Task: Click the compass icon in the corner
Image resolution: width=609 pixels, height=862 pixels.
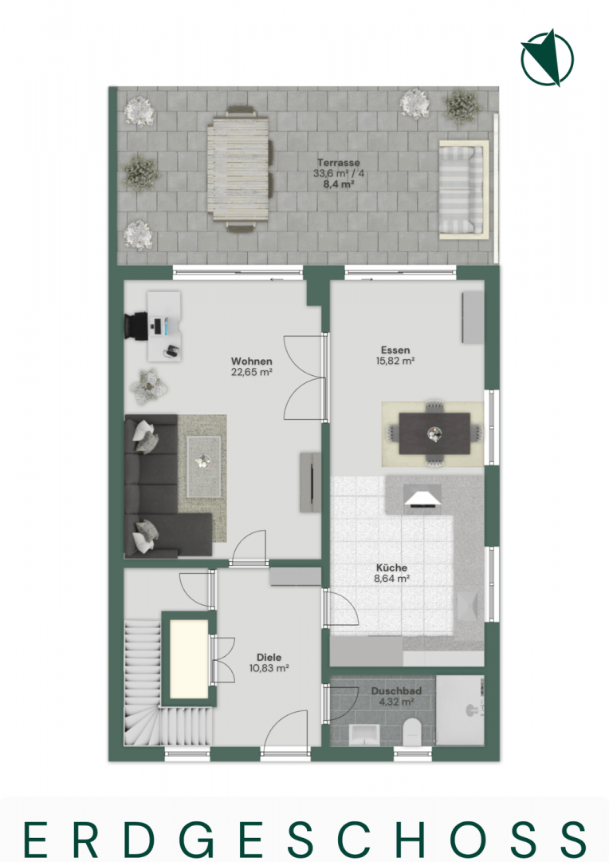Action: pos(547,58)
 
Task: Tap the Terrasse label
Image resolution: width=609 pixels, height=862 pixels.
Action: pos(338,163)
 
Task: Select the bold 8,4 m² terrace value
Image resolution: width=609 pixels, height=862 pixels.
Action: pos(338,184)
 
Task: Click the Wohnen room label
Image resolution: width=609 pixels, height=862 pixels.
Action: pos(252,362)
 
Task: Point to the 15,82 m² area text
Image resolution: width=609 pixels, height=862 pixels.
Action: pos(395,362)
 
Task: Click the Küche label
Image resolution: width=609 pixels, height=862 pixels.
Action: pos(391,567)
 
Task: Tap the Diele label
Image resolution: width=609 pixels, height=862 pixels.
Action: pos(269,657)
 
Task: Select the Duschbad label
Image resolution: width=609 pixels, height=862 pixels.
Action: pos(396,691)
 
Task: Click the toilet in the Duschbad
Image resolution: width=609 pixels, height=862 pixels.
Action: pos(411,732)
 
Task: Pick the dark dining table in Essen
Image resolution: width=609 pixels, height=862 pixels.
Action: pos(434,433)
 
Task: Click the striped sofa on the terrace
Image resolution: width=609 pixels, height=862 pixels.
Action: pos(463,190)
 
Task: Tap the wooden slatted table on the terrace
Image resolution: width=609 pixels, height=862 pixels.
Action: pos(238,170)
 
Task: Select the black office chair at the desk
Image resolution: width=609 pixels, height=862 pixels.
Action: pos(137,326)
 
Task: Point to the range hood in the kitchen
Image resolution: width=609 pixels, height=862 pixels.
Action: pos(422,496)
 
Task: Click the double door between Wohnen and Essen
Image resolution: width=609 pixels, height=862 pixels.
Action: pos(305,378)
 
